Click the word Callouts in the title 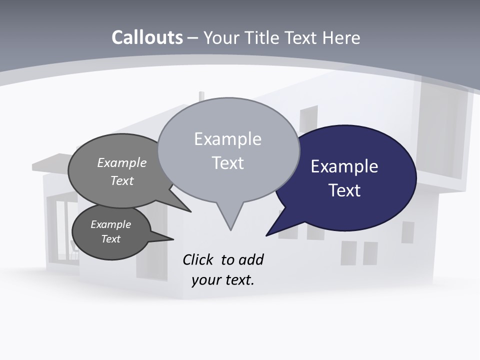click(x=147, y=37)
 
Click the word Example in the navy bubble click(x=344, y=166)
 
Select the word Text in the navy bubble click(x=344, y=190)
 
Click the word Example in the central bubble click(x=227, y=139)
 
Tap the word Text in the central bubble click(x=227, y=163)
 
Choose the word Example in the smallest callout click(x=110, y=224)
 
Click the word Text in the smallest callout click(x=110, y=239)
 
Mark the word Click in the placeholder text click(x=198, y=259)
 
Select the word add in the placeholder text click(x=251, y=259)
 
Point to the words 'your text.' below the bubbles click(x=223, y=280)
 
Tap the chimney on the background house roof click(x=201, y=96)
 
